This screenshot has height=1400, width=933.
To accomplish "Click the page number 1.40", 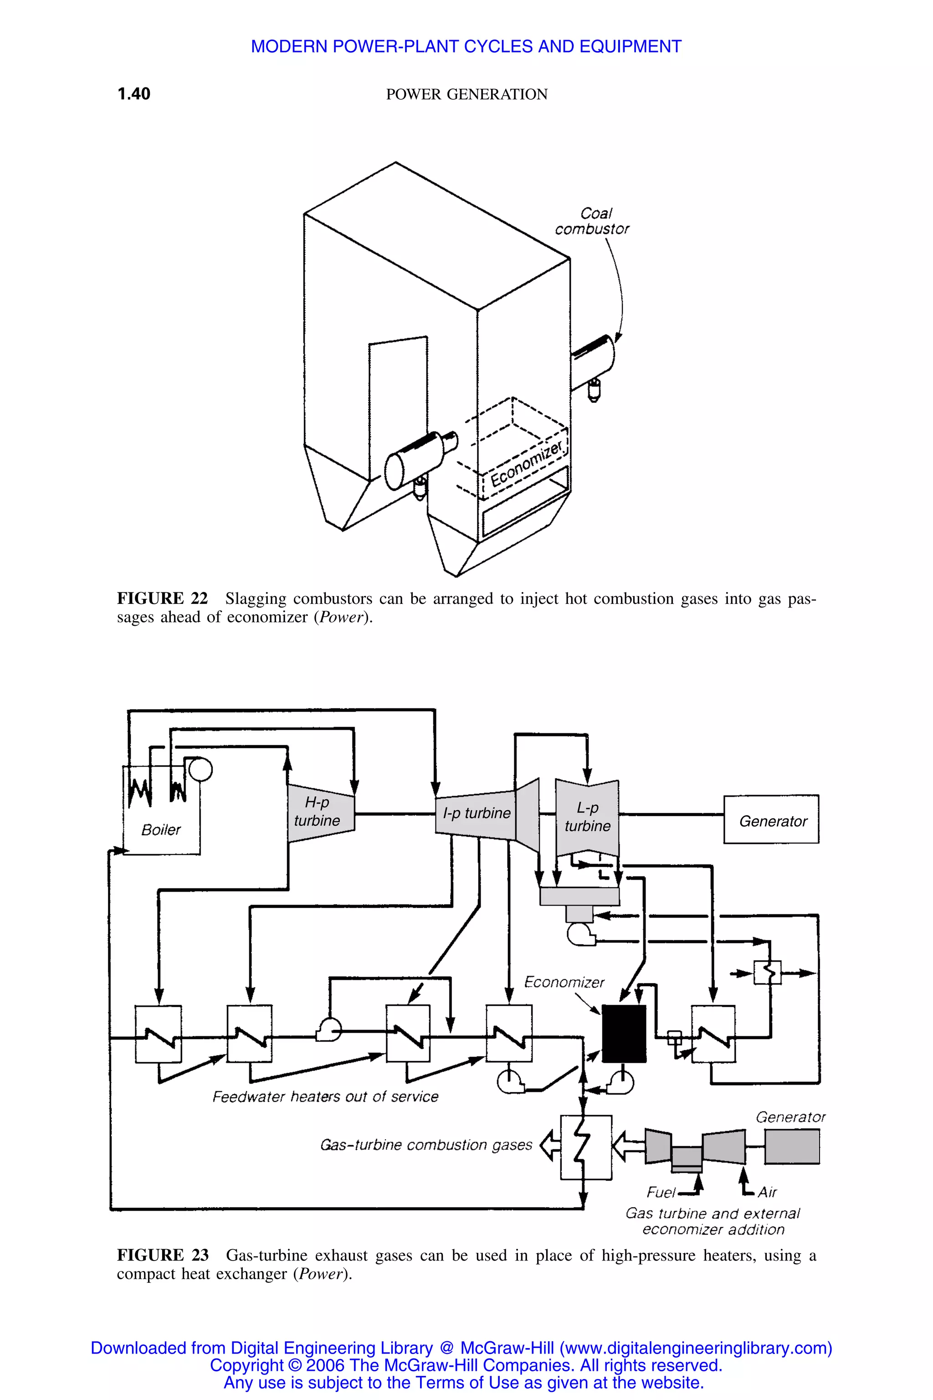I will (x=134, y=94).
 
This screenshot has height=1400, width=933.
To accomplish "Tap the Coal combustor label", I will (x=592, y=221).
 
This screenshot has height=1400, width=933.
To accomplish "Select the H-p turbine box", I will (x=319, y=813).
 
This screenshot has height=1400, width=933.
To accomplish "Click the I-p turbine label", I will (x=477, y=813).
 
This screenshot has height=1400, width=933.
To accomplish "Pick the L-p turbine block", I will (x=587, y=817).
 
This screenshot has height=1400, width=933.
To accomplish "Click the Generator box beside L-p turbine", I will (x=771, y=820).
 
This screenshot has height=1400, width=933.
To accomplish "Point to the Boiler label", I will (x=161, y=830).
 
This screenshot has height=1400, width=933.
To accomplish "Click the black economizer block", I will (x=624, y=1033).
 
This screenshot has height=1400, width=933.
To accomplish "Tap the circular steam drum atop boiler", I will (x=200, y=769).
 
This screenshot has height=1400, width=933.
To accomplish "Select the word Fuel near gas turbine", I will (x=661, y=1192).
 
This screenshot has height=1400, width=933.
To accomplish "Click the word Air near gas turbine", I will (x=767, y=1192).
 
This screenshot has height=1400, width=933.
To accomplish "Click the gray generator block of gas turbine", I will (x=791, y=1147).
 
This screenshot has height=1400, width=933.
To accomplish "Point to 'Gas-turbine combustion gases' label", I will (x=426, y=1145).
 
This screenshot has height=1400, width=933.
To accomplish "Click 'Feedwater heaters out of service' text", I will (x=325, y=1096).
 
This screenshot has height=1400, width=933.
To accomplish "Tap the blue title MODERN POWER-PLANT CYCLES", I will (x=466, y=46).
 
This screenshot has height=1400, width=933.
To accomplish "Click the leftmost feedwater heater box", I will (x=158, y=1034).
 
